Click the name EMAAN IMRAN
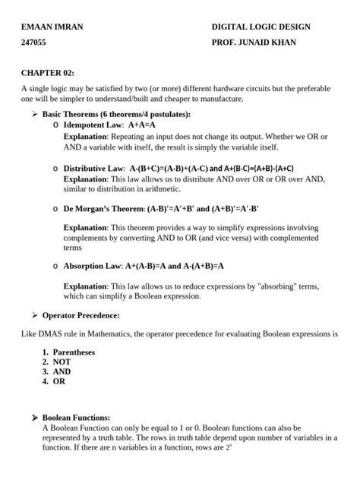click(52, 27)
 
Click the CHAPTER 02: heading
click(48, 72)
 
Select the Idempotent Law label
click(93, 124)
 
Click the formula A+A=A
click(142, 124)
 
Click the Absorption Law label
click(93, 267)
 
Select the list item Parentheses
click(74, 352)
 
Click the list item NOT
click(62, 362)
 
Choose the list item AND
click(62, 372)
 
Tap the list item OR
click(59, 382)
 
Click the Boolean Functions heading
click(76, 418)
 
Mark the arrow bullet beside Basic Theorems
click(34, 114)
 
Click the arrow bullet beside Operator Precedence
click(34, 314)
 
